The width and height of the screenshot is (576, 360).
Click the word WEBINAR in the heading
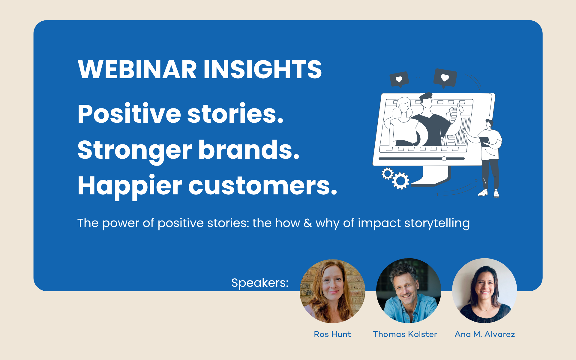137,70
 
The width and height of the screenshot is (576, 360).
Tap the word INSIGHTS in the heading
263,70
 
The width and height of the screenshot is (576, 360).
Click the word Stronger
135,150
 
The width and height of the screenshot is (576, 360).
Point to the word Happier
130,186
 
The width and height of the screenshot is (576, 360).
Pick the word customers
263,186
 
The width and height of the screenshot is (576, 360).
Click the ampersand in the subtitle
308,223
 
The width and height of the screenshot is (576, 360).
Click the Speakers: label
260,283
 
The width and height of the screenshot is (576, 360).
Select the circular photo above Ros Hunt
332,291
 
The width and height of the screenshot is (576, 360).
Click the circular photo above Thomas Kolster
409,291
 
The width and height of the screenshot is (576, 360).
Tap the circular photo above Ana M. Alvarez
484,291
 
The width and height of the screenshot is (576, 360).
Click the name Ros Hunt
332,334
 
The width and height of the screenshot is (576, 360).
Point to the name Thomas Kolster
405,334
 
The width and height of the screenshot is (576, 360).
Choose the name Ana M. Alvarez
485,334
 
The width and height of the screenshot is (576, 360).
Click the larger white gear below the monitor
401,181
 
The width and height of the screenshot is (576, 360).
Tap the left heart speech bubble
399,79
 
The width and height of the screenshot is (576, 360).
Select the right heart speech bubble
445,78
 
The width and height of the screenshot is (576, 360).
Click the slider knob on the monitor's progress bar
444,159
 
